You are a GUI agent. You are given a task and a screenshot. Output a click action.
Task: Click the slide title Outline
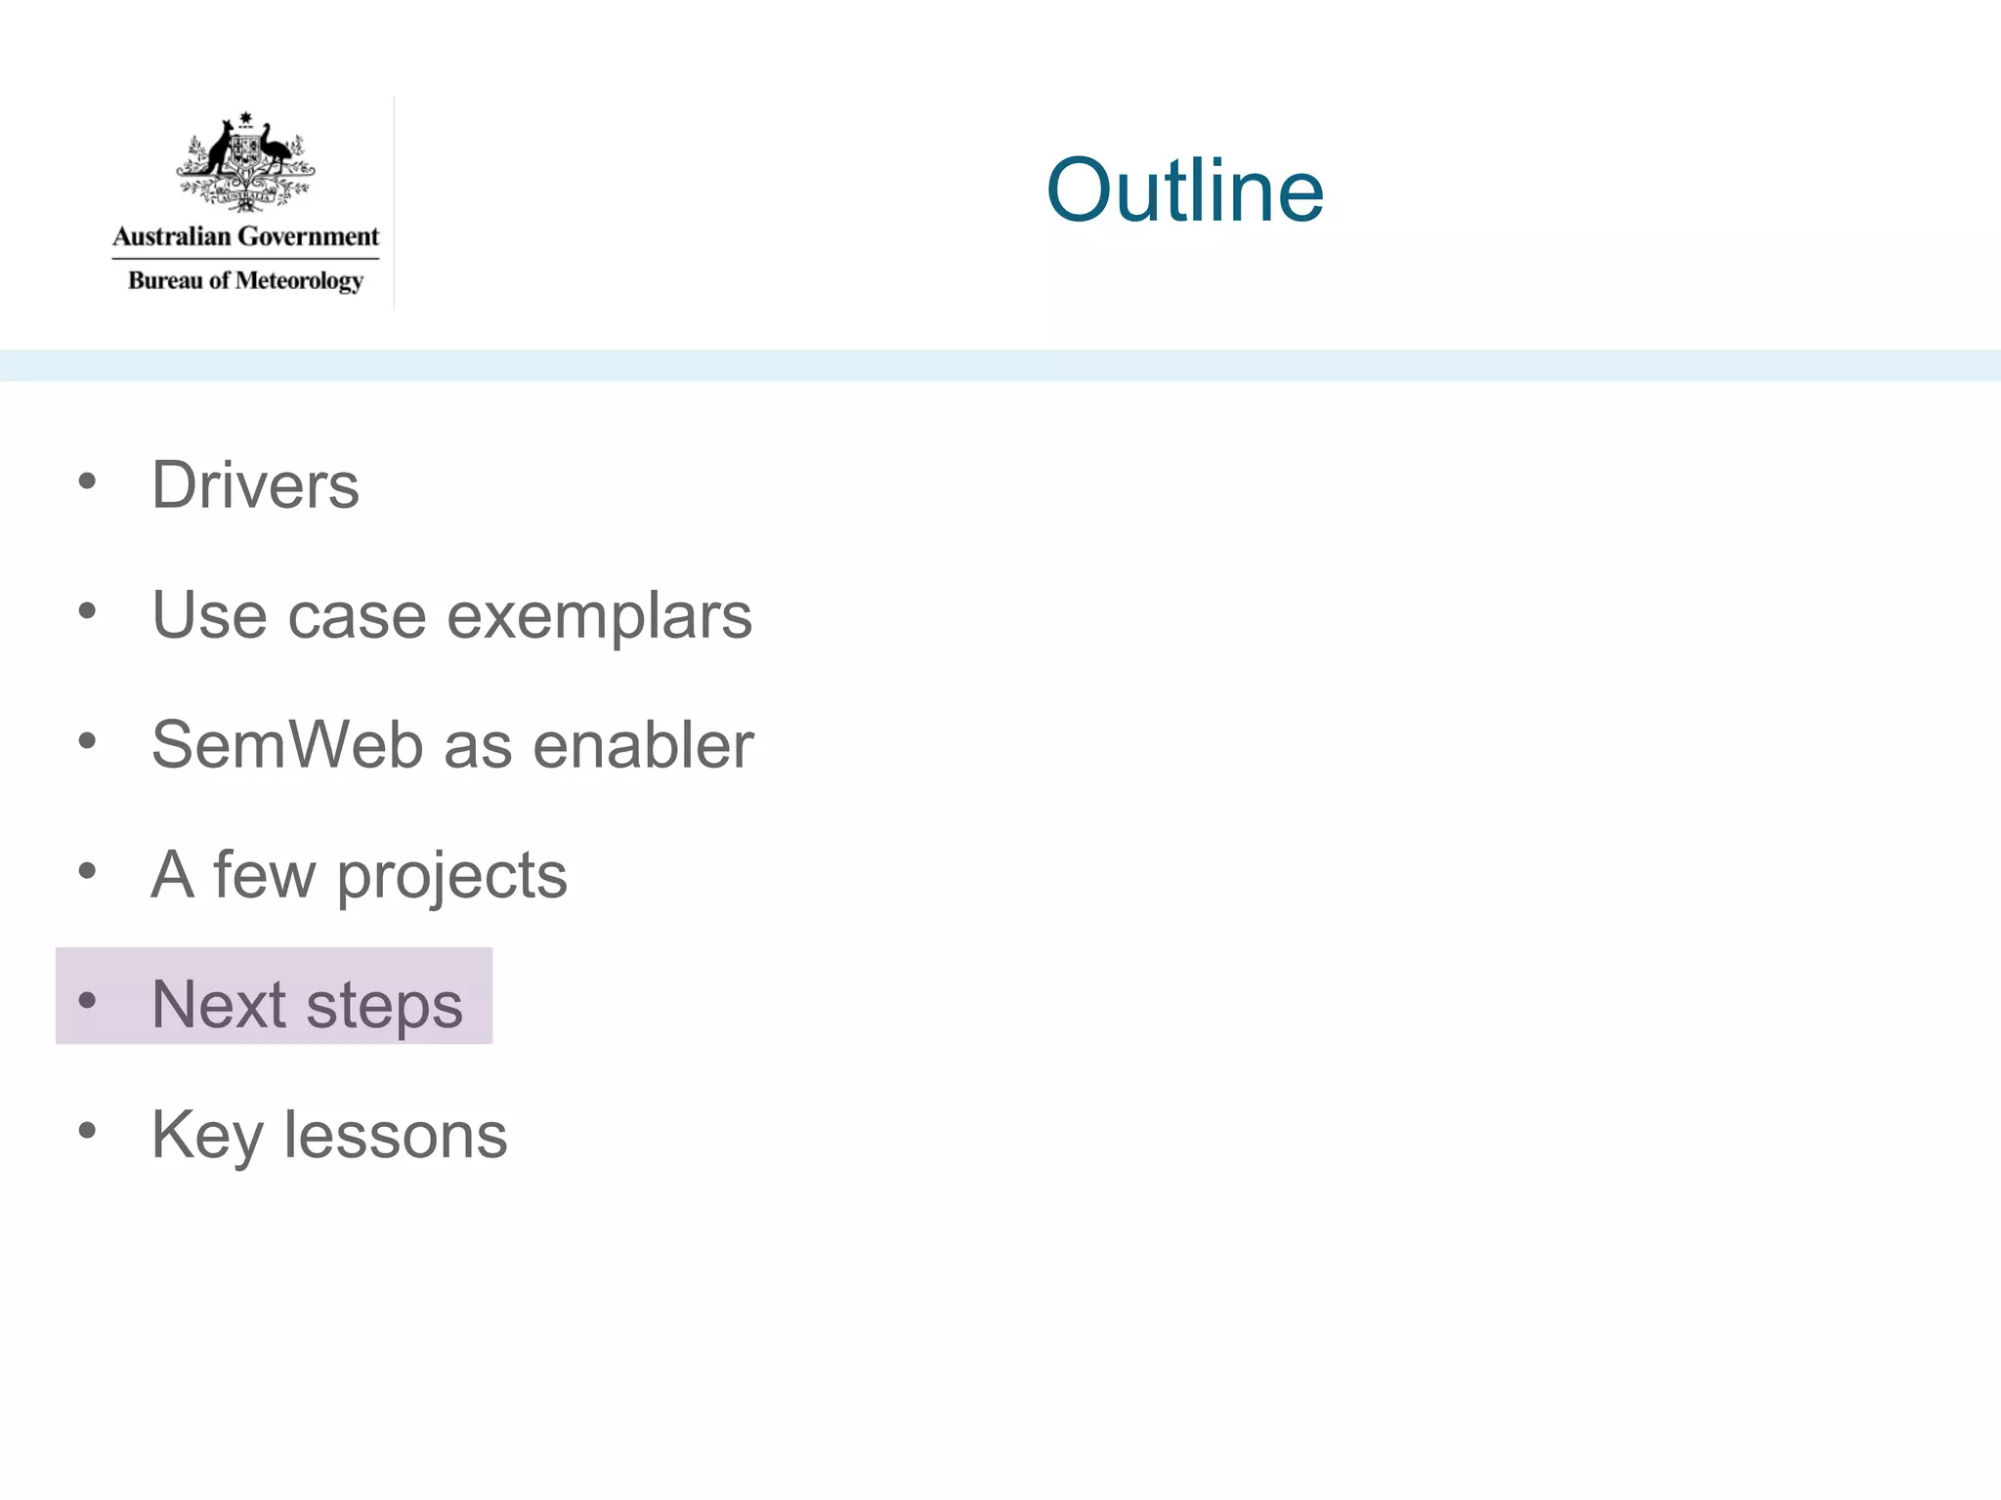[x=1184, y=190]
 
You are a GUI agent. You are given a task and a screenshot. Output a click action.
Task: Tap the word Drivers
[x=255, y=485]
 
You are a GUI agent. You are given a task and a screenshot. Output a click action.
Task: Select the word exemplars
[x=599, y=617]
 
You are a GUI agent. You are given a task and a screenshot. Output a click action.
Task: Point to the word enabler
[x=643, y=745]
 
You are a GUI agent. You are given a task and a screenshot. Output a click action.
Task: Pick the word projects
[x=451, y=876]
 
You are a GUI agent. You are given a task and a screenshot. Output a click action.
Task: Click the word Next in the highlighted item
[x=219, y=1005]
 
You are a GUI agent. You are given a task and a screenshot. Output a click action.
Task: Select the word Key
[x=207, y=1136]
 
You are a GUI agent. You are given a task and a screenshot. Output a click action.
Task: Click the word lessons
[x=396, y=1135]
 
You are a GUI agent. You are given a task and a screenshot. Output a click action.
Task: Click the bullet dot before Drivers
[x=88, y=480]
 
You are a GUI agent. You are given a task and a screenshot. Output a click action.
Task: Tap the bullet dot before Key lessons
[x=88, y=1131]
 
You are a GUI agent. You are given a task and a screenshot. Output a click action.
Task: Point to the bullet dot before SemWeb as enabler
[x=88, y=741]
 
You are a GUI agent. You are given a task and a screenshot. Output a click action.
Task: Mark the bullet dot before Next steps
[x=88, y=1000]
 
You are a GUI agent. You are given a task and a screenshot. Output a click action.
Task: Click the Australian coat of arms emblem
[x=245, y=162]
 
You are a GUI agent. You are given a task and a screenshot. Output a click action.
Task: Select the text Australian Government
[x=245, y=236]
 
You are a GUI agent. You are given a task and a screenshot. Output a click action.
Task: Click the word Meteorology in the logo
[x=299, y=281]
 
